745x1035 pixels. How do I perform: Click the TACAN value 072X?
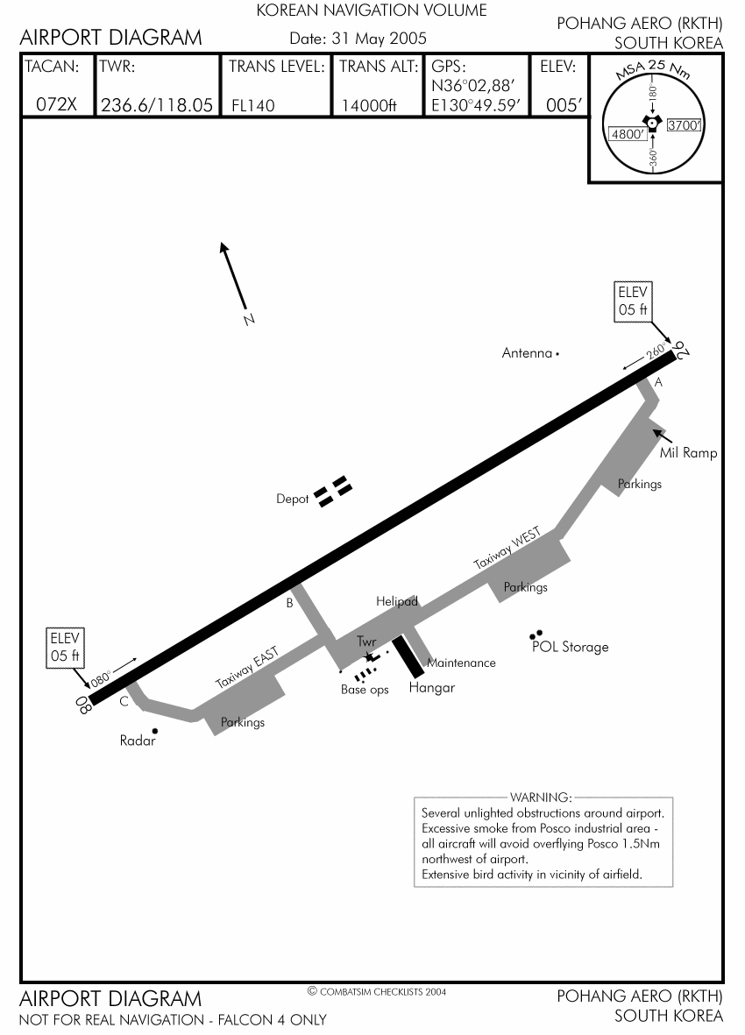tap(56, 105)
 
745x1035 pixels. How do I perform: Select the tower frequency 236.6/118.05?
tap(157, 105)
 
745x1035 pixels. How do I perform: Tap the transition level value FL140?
tap(253, 106)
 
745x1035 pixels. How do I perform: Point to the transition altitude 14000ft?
tap(369, 106)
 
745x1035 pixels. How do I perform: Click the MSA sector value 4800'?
tap(628, 134)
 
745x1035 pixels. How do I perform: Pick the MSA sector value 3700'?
tap(685, 125)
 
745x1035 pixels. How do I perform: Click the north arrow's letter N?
tap(248, 320)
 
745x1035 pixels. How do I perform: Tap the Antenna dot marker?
tap(558, 353)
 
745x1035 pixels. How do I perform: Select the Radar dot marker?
tap(155, 730)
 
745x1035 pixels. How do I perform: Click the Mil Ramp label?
tap(688, 453)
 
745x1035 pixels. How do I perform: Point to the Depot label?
tap(293, 499)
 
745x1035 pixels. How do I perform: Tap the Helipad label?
tap(397, 601)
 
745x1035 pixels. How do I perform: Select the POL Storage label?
tap(570, 647)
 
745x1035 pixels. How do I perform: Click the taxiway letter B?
tap(289, 602)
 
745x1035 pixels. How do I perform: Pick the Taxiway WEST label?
tap(514, 549)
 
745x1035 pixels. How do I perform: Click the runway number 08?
tap(83, 705)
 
